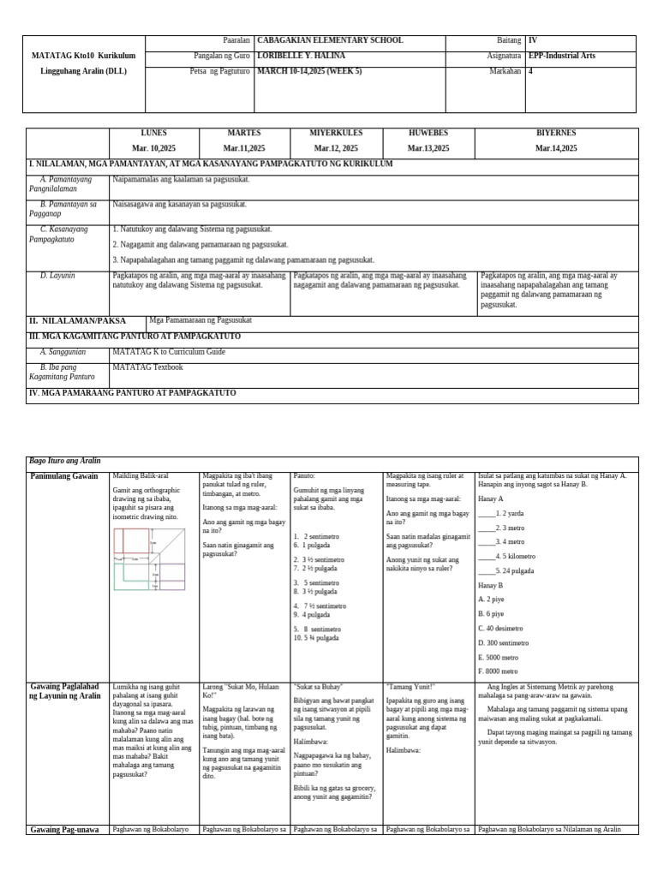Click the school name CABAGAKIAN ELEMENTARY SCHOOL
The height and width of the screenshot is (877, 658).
click(x=330, y=41)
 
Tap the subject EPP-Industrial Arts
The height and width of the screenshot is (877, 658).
click(x=573, y=56)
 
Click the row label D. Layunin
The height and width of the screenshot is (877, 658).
click(x=57, y=276)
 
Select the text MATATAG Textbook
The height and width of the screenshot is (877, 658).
click(x=148, y=367)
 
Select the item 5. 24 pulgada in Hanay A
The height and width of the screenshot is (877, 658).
click(x=511, y=570)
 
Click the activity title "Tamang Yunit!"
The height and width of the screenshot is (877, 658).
click(x=412, y=687)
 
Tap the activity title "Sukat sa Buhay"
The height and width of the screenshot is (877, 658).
click(x=318, y=687)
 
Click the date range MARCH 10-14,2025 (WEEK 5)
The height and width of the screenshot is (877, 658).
click(x=320, y=71)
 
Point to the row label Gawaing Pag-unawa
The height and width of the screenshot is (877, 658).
click(x=65, y=829)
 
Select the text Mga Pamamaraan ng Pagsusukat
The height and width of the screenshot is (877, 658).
click(x=200, y=320)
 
